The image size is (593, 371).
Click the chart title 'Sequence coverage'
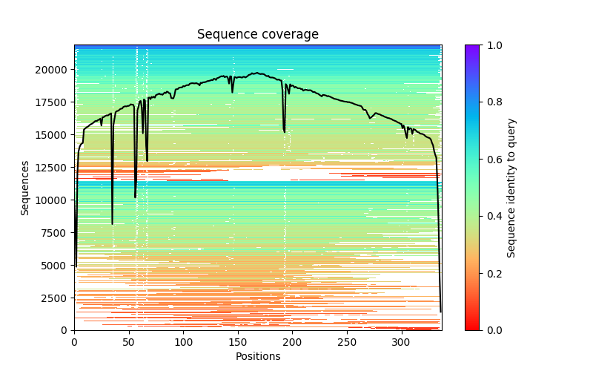pos(257,35)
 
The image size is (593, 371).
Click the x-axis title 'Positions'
pos(257,356)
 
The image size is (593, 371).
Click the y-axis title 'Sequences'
pos(25,188)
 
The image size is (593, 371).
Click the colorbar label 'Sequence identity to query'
pos(511,188)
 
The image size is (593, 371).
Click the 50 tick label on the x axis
pos(129,342)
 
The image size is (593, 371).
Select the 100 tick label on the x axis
pos(183,342)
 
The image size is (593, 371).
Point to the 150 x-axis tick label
pos(238,342)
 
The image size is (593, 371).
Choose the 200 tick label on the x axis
pos(293,342)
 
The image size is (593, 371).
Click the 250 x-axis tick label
pos(347,342)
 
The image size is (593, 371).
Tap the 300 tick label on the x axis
pos(402,342)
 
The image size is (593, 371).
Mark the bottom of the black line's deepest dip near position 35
pos(112,223)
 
